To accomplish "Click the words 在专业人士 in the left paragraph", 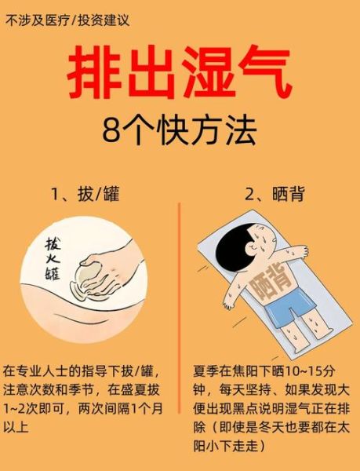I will [35, 370].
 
